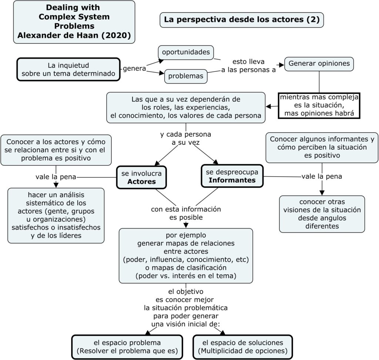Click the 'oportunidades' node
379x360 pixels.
(x=186, y=52)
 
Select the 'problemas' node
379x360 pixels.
(x=186, y=76)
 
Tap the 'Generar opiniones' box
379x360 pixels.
(x=319, y=64)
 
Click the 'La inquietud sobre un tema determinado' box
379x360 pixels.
(x=68, y=69)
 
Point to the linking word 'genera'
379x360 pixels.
(x=134, y=69)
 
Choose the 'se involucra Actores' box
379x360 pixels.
(x=141, y=177)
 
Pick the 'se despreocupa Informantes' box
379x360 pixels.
(x=232, y=176)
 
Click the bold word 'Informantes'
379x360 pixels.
(x=232, y=180)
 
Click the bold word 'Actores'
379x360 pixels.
(x=141, y=182)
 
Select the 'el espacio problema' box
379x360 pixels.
(x=127, y=347)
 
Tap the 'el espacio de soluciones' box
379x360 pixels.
(x=243, y=347)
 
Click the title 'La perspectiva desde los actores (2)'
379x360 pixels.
(x=242, y=20)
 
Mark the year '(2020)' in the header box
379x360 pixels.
(x=116, y=36)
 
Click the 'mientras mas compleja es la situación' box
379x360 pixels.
(x=319, y=106)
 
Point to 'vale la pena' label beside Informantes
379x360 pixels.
(x=322, y=176)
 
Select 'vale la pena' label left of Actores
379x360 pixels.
(x=56, y=177)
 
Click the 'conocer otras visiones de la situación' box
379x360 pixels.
(x=322, y=214)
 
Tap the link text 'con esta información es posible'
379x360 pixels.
(x=186, y=213)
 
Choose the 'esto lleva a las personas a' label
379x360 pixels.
(x=248, y=66)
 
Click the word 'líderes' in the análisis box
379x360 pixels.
(x=70, y=236)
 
